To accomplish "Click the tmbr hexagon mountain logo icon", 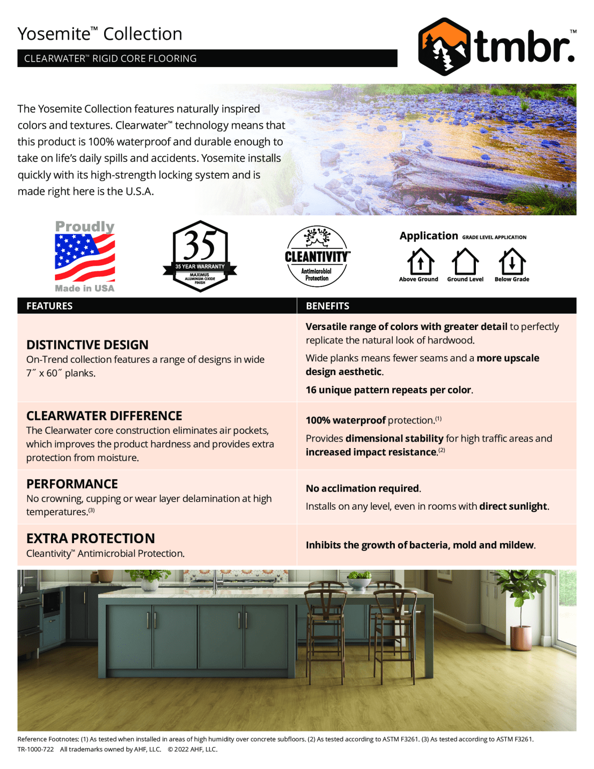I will tap(443, 47).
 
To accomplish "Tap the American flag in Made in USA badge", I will tap(85, 257).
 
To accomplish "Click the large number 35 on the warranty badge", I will tap(200, 245).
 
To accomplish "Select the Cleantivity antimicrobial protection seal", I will tap(317, 256).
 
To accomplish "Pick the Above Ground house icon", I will tap(420, 261).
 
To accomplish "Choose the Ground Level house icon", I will tap(465, 261).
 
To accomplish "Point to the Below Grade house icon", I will tap(511, 261).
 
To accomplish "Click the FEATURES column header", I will tap(50, 306).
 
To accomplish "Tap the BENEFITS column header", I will tap(327, 306).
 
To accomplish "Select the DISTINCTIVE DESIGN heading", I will tap(87, 345).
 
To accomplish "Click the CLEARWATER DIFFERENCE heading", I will tap(104, 416).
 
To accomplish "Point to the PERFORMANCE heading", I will tap(72, 484).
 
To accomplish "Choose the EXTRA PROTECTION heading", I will tap(91, 539).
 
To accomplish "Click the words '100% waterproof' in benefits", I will tap(345, 421).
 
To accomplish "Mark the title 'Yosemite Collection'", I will tap(100, 34).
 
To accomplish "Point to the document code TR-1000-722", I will tap(36, 749).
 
